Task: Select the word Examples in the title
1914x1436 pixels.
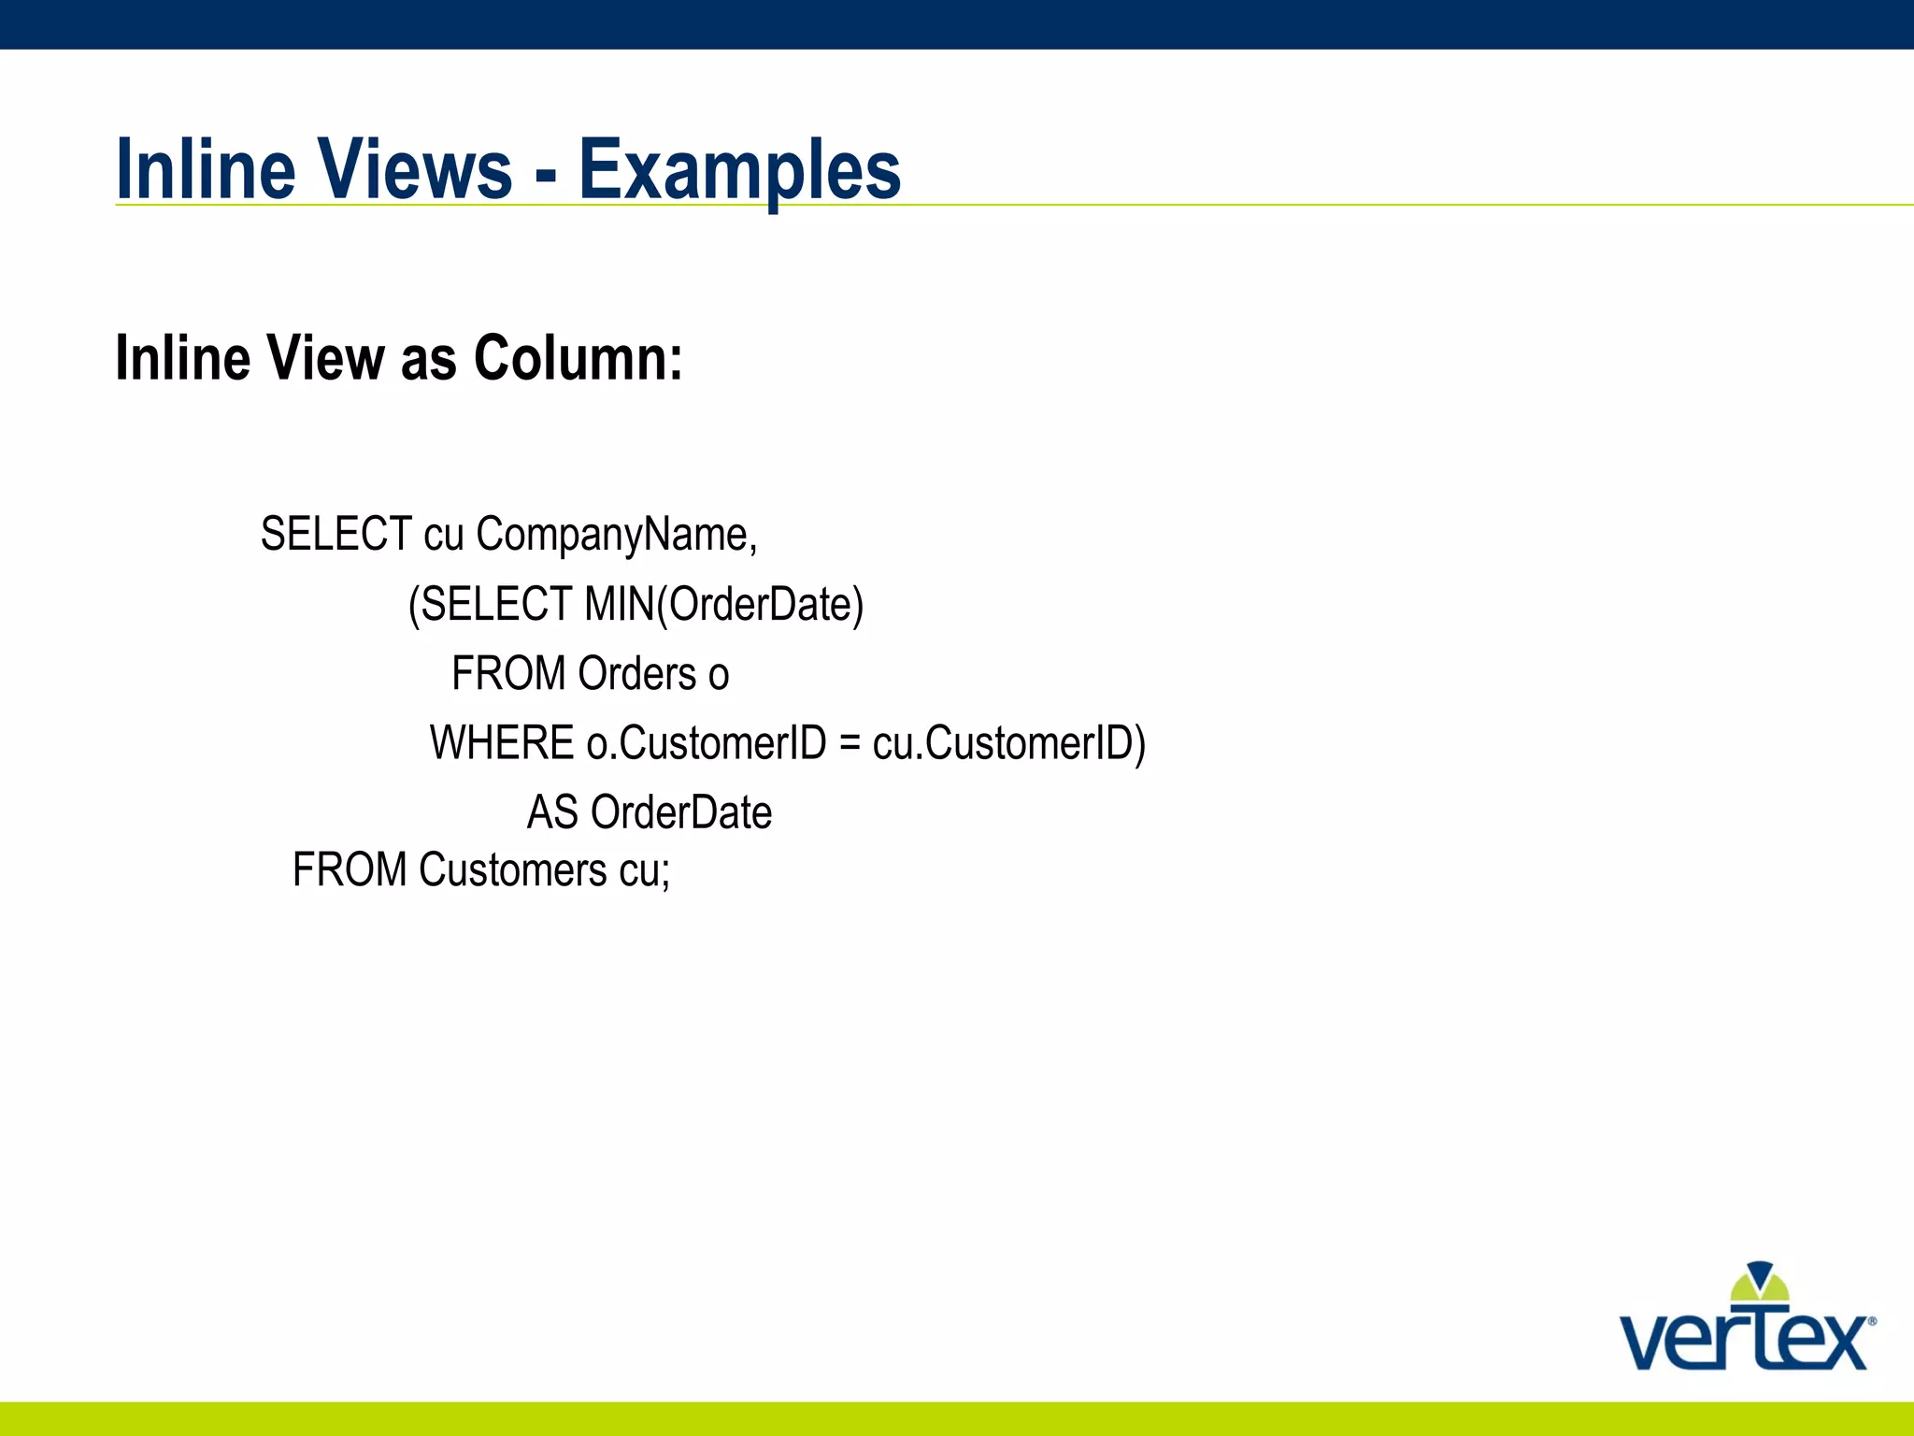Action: pos(739,171)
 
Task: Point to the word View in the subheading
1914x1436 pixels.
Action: pos(325,358)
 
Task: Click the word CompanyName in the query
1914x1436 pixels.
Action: pos(615,536)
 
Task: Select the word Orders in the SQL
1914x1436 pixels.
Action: pos(637,674)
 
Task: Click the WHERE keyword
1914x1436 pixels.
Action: pos(501,743)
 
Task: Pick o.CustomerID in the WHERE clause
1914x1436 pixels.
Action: pos(707,743)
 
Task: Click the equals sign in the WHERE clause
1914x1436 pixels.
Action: pos(849,744)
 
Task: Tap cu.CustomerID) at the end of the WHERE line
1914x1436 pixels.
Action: pos(1008,743)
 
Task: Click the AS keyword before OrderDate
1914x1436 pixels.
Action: pos(552,812)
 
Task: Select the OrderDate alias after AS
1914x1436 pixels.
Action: pos(681,812)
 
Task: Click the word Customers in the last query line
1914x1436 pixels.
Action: pos(512,870)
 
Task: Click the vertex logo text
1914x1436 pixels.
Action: pos(1744,1342)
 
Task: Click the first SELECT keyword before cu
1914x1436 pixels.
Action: pos(336,535)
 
